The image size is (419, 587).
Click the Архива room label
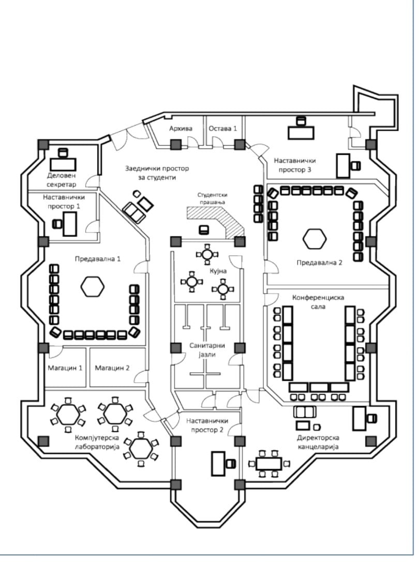coord(181,128)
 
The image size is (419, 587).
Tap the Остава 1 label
coord(222,128)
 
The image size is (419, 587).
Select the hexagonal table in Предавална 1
coord(92,286)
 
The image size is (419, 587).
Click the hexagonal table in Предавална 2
coord(315,239)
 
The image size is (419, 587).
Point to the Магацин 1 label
coord(65,368)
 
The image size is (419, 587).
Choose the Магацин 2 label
coord(112,368)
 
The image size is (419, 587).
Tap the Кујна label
coord(218,271)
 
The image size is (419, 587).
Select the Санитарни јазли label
coord(207,350)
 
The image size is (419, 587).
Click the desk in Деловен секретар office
coord(63,164)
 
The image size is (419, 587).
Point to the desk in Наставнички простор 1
coord(69,224)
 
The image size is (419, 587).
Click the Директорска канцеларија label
coord(318,442)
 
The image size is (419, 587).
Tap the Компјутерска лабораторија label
coord(97,442)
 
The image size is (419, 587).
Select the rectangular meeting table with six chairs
coord(269,464)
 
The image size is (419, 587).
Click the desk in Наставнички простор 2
coord(218,464)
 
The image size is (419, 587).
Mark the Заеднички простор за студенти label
coord(157,173)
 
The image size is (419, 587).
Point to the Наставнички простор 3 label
coord(294,165)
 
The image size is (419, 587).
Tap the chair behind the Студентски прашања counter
coord(203,229)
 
